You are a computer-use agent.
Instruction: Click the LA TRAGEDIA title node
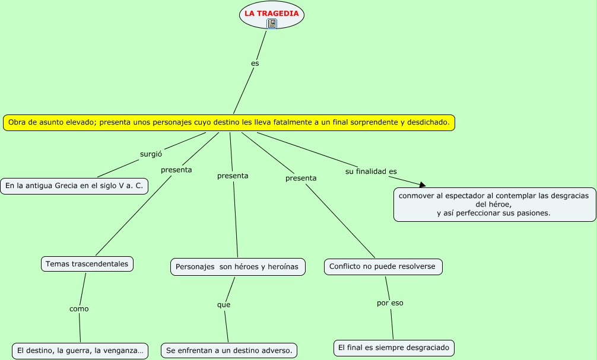(x=271, y=13)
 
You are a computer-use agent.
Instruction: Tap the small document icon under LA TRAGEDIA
(x=272, y=24)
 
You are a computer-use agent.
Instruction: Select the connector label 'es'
(x=255, y=63)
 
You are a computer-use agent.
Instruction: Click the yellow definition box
(x=229, y=123)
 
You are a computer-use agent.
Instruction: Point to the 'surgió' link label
(x=151, y=154)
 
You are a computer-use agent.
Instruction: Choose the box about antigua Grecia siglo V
(x=74, y=186)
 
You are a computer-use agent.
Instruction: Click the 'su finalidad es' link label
(x=371, y=171)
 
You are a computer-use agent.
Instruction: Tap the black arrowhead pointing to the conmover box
(x=422, y=185)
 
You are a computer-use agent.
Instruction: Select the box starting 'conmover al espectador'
(x=494, y=205)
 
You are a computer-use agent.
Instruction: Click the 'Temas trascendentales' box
(x=87, y=264)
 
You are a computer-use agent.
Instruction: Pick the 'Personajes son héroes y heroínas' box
(x=238, y=267)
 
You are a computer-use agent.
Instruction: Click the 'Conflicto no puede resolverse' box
(x=383, y=266)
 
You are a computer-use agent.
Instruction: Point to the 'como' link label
(x=79, y=308)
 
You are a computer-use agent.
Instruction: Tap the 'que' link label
(x=224, y=305)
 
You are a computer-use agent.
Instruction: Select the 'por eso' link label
(x=390, y=303)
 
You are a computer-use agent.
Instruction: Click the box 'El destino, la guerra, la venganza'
(x=80, y=351)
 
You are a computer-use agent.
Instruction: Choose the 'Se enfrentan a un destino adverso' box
(x=229, y=351)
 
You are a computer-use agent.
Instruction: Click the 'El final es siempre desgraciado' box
(x=393, y=348)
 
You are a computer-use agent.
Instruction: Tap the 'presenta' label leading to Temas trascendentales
(x=176, y=170)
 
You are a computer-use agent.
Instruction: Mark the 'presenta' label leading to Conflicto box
(x=301, y=178)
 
